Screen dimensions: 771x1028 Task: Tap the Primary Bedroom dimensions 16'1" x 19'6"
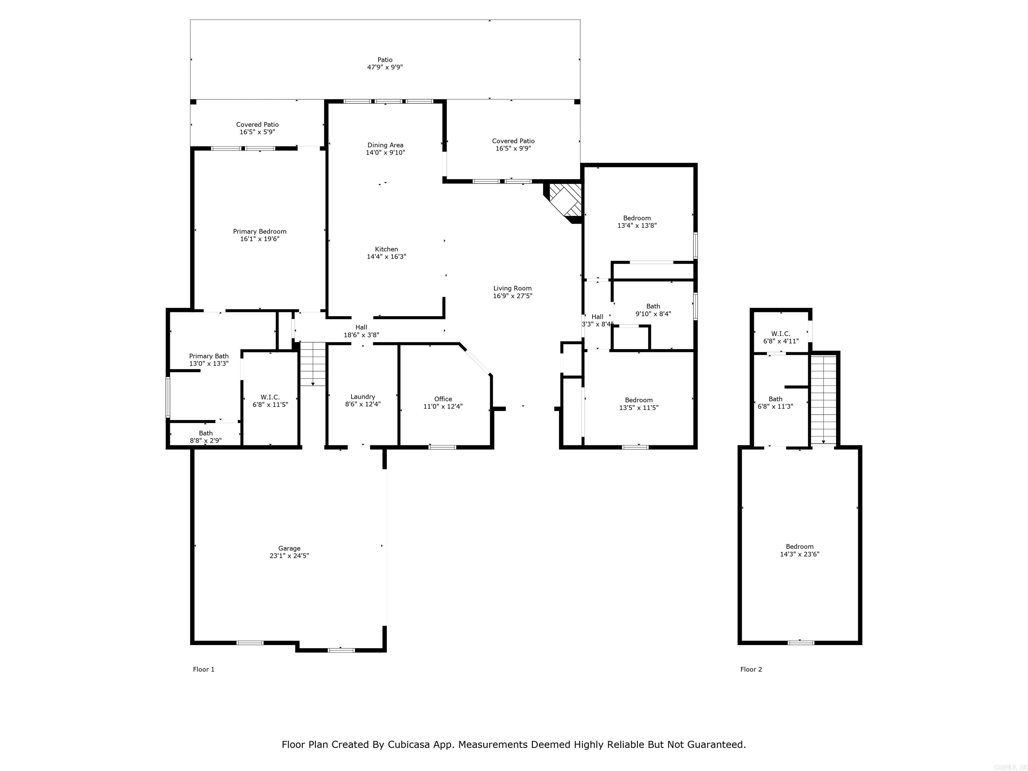click(x=259, y=239)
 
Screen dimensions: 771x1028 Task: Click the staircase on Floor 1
click(x=313, y=364)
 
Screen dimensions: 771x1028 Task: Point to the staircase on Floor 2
click(x=824, y=400)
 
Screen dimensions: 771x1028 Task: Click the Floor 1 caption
click(x=203, y=669)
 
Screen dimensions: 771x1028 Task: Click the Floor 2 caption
click(x=751, y=669)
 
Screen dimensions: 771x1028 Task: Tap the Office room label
click(x=443, y=399)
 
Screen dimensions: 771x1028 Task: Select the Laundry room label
click(x=362, y=397)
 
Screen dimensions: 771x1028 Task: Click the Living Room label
click(x=512, y=288)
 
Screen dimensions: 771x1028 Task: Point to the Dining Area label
click(x=385, y=145)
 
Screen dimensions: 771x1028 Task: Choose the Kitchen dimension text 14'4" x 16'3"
click(x=386, y=257)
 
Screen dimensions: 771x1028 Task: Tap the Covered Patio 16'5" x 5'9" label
click(x=257, y=128)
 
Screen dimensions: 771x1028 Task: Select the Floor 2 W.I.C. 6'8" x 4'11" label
click(x=781, y=337)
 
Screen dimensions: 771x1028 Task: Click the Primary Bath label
click(x=209, y=356)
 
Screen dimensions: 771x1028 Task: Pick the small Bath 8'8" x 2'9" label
click(x=205, y=436)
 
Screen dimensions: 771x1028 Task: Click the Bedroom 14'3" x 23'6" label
click(x=799, y=550)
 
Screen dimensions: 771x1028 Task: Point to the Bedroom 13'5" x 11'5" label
click(x=638, y=403)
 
